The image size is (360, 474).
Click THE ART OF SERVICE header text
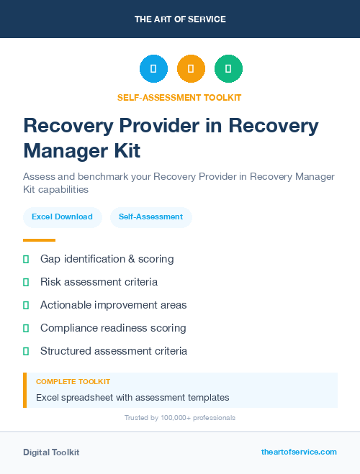coord(180,19)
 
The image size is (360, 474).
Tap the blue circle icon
coord(153,69)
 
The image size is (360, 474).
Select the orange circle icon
coord(191,69)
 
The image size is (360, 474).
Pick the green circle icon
coord(228,69)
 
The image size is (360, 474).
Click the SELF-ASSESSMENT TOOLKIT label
coord(180,97)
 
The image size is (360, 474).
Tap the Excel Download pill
coord(62,217)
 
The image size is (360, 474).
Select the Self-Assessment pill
coord(150,217)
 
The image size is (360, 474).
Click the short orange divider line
coord(39,240)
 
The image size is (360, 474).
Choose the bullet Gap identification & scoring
coord(107,259)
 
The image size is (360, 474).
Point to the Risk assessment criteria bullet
coord(99,282)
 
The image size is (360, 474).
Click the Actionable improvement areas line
coord(113,305)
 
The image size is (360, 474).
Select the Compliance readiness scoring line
coord(113,328)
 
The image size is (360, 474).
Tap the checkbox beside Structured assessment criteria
coord(26,351)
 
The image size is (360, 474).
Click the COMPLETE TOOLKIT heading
coord(73,382)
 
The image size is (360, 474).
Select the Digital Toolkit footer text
coord(51,452)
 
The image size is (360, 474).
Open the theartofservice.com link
coord(299,452)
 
